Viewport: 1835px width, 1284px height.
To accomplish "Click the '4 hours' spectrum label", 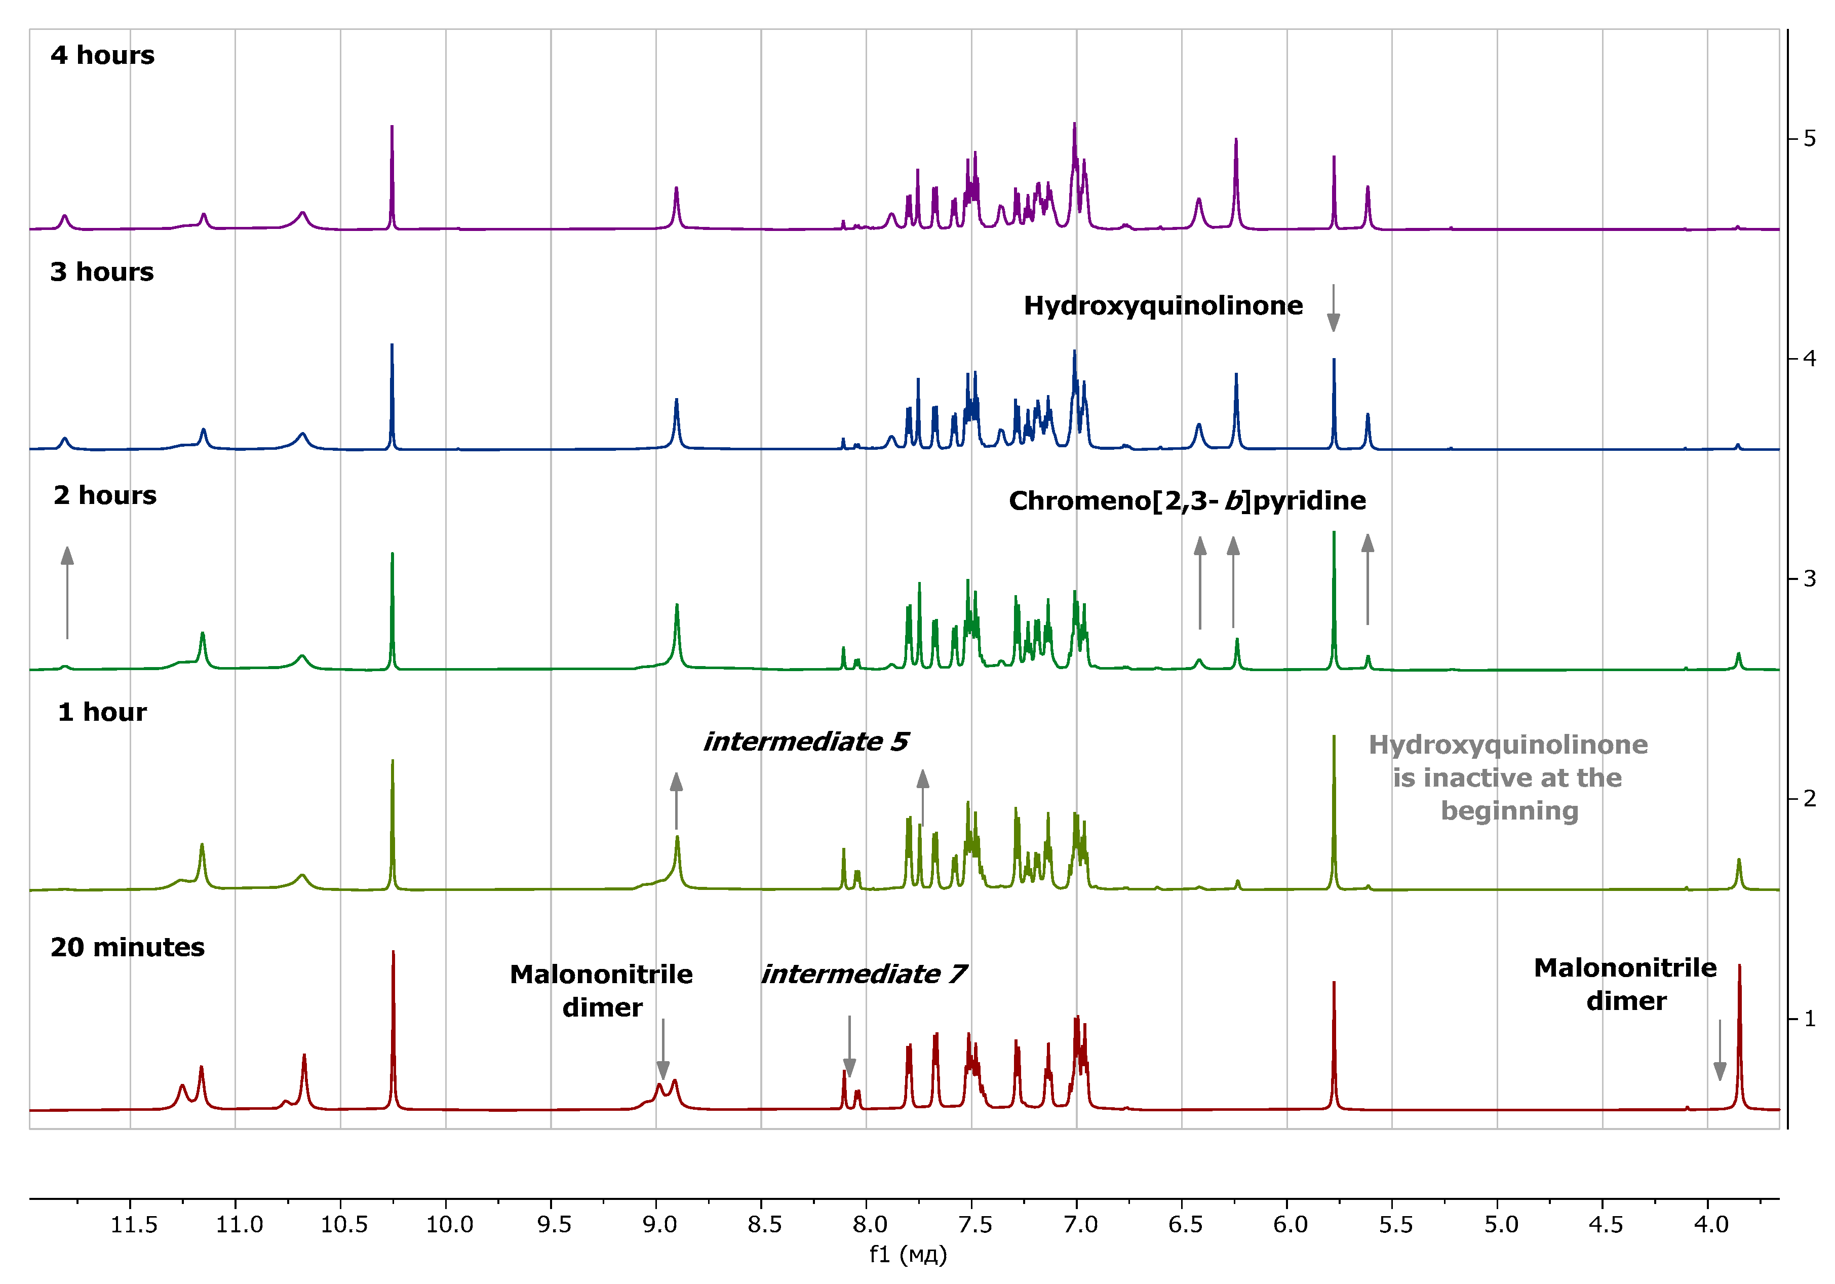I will (x=102, y=55).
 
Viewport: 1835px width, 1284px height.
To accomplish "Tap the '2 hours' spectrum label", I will (x=105, y=495).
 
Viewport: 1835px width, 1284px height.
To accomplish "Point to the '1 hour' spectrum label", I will (x=102, y=712).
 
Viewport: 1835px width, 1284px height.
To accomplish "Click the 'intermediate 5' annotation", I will (x=806, y=742).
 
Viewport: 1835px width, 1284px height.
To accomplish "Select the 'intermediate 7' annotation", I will (x=863, y=974).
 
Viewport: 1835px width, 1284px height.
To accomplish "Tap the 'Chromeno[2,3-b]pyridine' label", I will (x=1187, y=501).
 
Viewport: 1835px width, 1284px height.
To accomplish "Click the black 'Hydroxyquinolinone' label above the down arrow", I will (x=1163, y=306).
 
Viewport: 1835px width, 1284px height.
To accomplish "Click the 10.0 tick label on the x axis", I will (x=448, y=1224).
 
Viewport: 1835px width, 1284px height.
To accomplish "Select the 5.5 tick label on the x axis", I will (x=1395, y=1224).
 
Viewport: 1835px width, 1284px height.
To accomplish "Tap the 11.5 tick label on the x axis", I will (x=133, y=1224).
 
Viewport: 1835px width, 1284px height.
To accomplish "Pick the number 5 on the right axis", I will (x=1810, y=139).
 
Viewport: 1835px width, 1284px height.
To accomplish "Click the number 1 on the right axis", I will (x=1810, y=1019).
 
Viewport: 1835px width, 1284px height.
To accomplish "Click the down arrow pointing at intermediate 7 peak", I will (x=849, y=1046).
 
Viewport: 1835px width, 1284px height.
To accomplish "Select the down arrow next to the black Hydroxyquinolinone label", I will (x=1333, y=307).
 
